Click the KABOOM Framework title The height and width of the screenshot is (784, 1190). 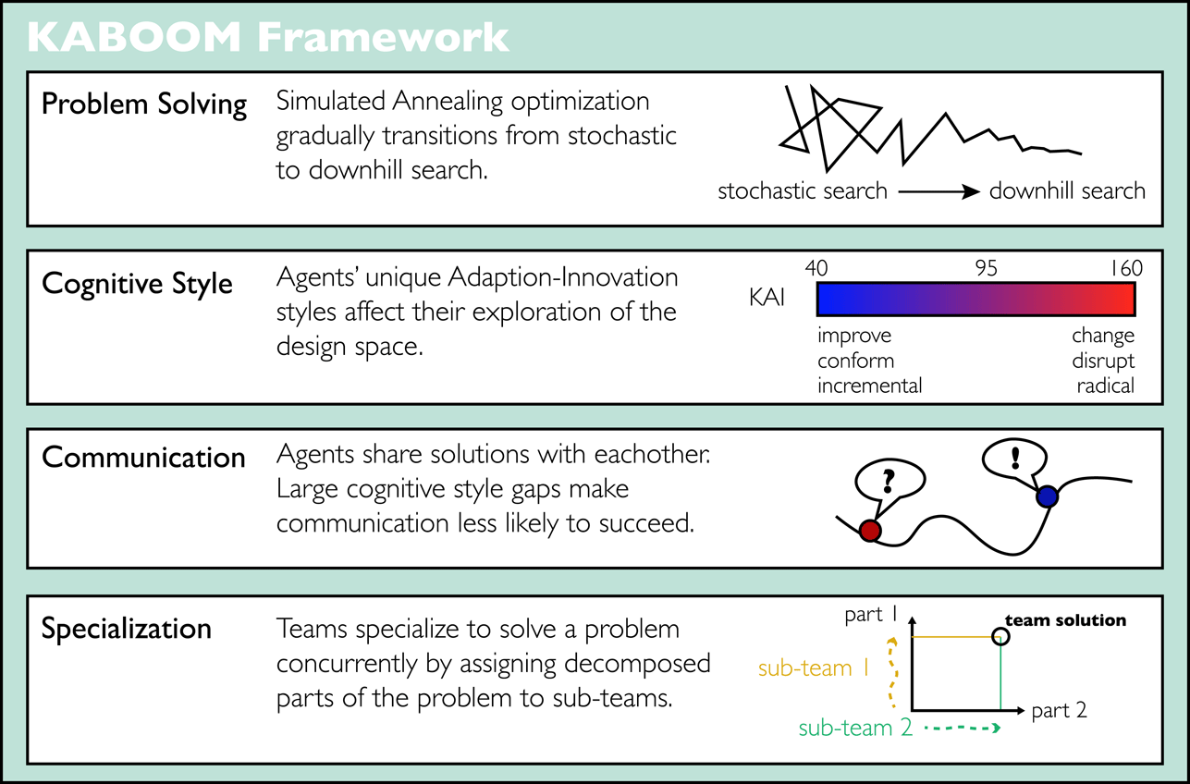(x=268, y=37)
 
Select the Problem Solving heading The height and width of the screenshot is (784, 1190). (x=144, y=104)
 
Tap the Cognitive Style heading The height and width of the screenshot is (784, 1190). (x=137, y=283)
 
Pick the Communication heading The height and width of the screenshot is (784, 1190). (x=143, y=457)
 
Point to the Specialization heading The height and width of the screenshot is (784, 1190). (x=127, y=629)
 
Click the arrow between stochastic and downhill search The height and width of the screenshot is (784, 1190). (x=938, y=192)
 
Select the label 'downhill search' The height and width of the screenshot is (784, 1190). (x=1066, y=191)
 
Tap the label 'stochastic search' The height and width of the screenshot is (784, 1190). (x=802, y=191)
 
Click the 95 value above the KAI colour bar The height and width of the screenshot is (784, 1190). (x=986, y=269)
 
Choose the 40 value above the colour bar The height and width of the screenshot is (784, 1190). (x=816, y=269)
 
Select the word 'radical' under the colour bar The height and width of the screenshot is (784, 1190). (x=1105, y=385)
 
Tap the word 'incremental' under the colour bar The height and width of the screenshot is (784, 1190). (x=869, y=385)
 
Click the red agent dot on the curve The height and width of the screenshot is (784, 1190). (x=869, y=530)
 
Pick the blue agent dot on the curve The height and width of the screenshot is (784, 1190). (x=1047, y=497)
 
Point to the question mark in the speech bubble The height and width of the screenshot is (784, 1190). (x=889, y=480)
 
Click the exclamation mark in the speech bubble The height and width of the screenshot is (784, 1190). (x=1016, y=456)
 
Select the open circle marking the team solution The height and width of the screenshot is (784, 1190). (x=1000, y=636)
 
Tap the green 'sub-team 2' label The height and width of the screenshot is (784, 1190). (x=855, y=728)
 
